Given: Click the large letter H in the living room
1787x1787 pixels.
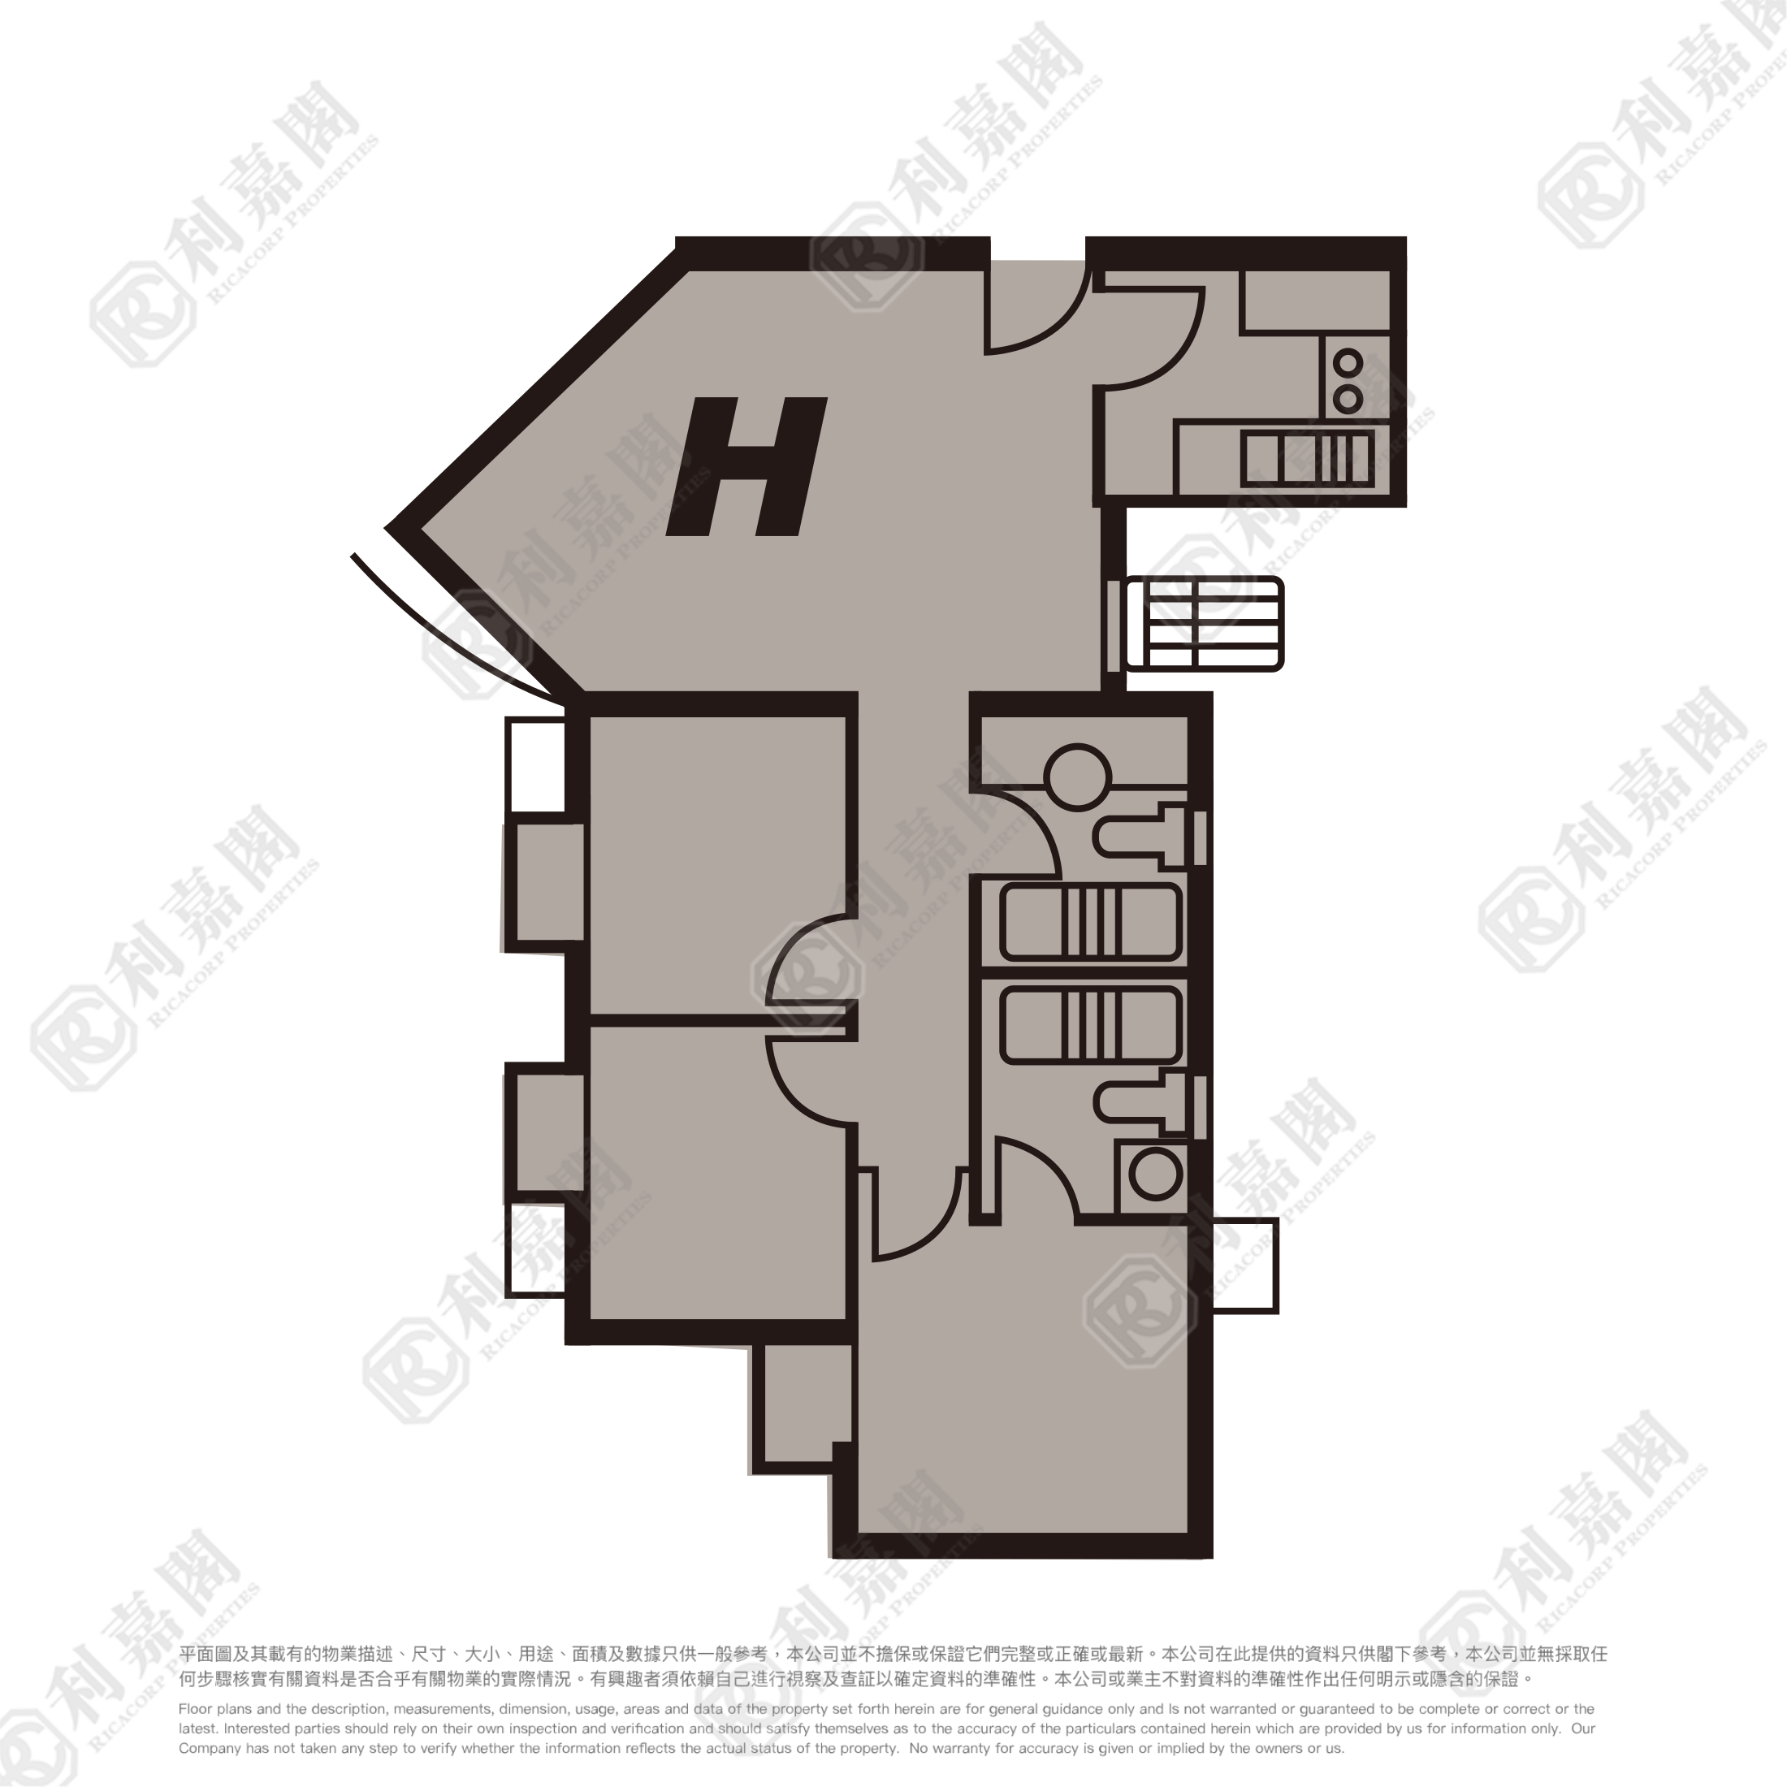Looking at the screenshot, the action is pos(747,467).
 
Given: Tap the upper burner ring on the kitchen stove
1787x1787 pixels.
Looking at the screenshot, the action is pos(1348,364).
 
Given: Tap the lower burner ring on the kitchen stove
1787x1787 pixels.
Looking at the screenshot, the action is pos(1348,400).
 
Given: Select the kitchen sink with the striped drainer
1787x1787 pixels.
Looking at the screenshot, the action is pos(1307,459).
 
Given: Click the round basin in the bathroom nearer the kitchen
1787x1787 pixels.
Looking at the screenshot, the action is pos(1078,777).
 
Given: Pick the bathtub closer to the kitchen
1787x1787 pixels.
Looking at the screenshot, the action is pos(1092,921).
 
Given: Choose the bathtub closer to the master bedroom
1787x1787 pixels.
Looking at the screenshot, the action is pos(1092,1025).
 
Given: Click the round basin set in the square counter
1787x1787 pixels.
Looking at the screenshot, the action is pos(1155,1175).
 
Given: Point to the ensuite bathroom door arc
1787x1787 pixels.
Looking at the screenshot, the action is pos(1054,1161).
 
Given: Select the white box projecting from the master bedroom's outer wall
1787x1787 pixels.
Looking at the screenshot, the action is pos(1245,1266).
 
